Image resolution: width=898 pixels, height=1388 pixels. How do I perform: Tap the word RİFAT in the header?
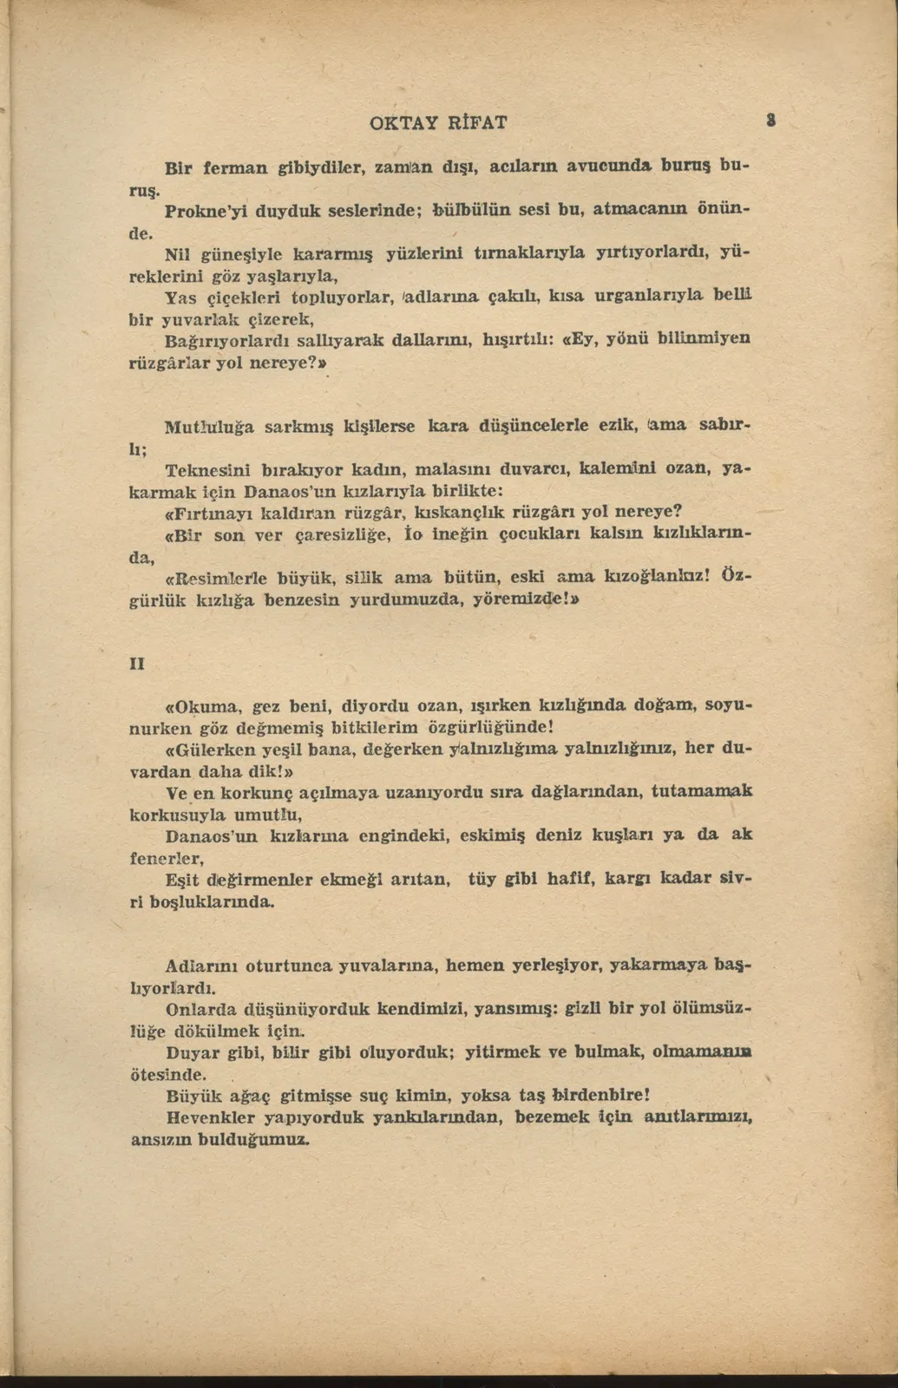click(476, 122)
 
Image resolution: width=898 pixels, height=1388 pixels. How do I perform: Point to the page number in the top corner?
click(770, 121)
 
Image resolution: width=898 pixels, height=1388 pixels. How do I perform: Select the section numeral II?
click(137, 664)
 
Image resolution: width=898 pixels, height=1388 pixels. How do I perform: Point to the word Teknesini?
click(207, 470)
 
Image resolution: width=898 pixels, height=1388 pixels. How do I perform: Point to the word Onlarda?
click(201, 1009)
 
